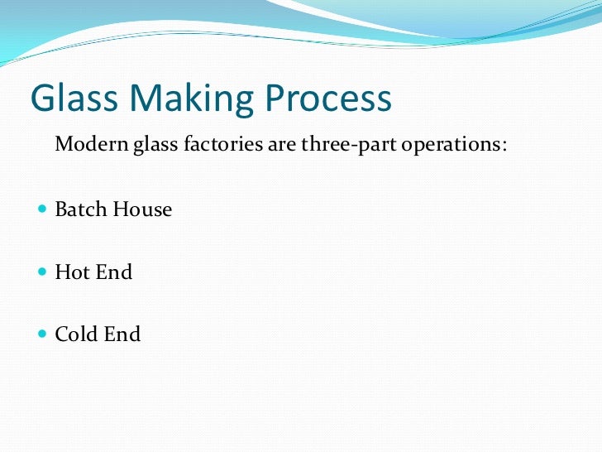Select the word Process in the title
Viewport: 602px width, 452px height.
328,99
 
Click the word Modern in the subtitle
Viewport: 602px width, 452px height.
90,145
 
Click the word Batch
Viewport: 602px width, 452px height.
80,209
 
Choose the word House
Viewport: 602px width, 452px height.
142,209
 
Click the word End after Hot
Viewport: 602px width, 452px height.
113,272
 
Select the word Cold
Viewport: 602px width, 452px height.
75,334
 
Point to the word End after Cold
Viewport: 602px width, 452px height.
122,334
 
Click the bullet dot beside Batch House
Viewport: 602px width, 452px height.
43,210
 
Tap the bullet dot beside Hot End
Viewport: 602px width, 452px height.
43,272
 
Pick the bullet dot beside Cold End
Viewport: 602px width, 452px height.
43,334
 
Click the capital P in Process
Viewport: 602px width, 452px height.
277,99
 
